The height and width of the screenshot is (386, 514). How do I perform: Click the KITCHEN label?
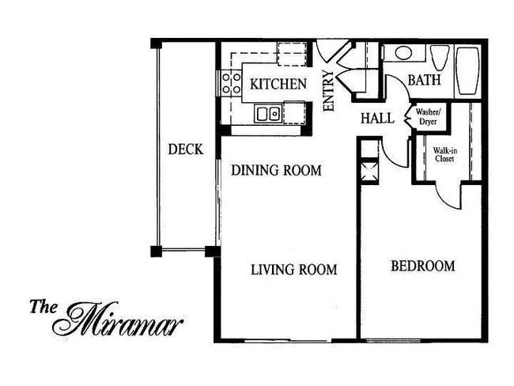[x=278, y=84]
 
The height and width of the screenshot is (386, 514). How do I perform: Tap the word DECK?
[x=186, y=149]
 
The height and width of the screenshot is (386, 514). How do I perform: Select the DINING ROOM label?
[x=276, y=170]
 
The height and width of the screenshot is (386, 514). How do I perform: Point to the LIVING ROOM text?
[x=293, y=270]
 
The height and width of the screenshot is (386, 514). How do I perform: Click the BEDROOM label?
[x=423, y=266]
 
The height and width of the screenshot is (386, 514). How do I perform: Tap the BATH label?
[x=424, y=81]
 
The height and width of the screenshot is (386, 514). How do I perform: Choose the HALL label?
[x=377, y=119]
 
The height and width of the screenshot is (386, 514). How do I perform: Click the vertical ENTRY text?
[x=329, y=91]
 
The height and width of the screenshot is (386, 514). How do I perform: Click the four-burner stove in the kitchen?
[x=231, y=83]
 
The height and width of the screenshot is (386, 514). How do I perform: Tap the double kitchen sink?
[x=267, y=114]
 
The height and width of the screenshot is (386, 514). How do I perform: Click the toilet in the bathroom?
[x=440, y=58]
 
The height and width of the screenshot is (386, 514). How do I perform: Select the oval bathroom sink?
[x=403, y=53]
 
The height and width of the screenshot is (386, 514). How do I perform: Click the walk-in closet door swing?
[x=449, y=195]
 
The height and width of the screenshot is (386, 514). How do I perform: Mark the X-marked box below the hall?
[x=369, y=169]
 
